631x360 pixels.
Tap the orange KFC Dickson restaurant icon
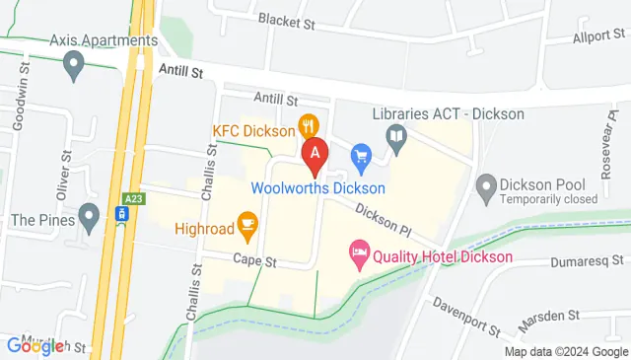309,125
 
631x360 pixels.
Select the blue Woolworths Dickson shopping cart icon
361,154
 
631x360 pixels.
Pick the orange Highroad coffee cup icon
246,223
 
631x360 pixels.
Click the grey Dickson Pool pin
485,184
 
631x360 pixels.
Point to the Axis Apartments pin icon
73,66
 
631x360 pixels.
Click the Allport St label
598,37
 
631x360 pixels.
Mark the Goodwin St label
21,93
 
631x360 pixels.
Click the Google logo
35,345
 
